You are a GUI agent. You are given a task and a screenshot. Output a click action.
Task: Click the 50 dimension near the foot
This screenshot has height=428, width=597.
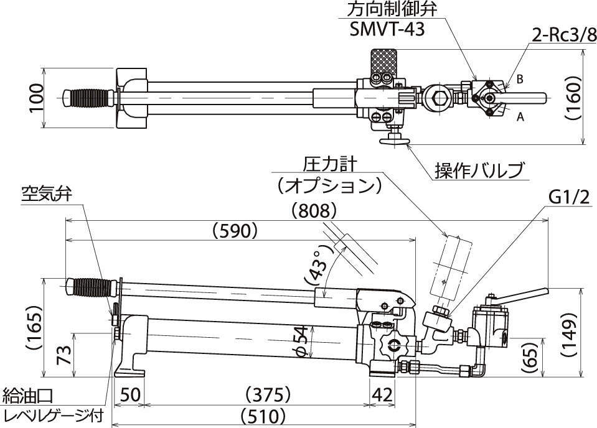(129, 394)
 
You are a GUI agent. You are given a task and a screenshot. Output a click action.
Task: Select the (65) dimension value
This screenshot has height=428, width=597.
(531, 357)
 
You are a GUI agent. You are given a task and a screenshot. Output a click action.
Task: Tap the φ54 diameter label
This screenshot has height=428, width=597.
(302, 342)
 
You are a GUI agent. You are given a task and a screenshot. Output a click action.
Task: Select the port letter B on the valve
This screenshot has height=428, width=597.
(519, 80)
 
